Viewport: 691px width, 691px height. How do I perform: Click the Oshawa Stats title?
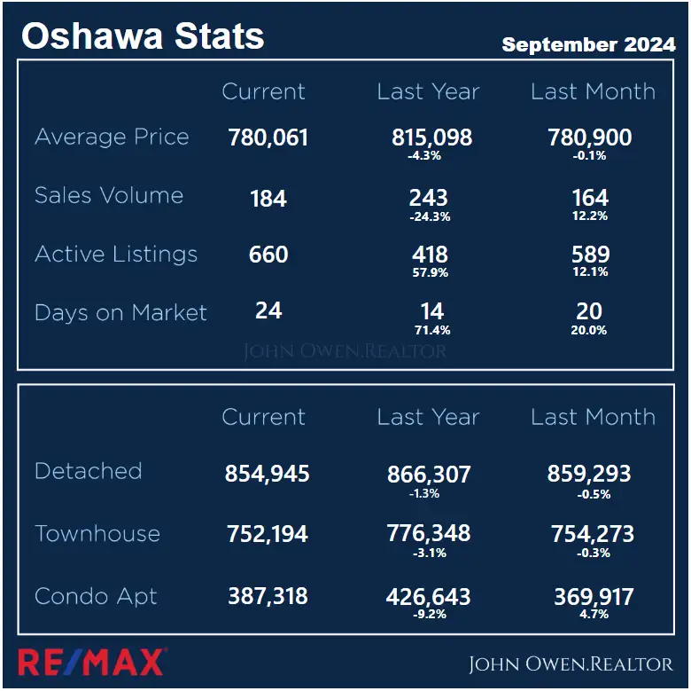click(x=143, y=36)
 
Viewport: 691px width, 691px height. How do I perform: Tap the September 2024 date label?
click(x=588, y=45)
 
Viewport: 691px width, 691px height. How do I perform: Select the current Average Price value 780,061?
click(x=268, y=137)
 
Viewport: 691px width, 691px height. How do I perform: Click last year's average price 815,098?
click(x=431, y=137)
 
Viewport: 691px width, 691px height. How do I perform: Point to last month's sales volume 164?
click(x=590, y=197)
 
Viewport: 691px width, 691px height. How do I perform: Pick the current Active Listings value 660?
click(x=268, y=255)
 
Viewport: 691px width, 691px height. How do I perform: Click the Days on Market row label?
click(x=120, y=313)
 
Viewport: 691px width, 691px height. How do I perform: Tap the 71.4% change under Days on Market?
click(x=431, y=330)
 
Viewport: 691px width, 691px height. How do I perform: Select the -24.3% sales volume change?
click(x=430, y=216)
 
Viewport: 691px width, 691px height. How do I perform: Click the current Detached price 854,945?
click(x=268, y=474)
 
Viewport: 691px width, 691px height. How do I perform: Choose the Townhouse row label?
click(x=97, y=534)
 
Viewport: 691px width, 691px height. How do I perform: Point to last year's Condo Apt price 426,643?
click(x=429, y=597)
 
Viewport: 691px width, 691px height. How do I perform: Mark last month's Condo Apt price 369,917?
click(x=594, y=597)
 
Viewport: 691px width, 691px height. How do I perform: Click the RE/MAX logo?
click(x=91, y=662)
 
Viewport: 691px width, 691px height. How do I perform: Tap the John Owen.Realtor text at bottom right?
click(x=571, y=664)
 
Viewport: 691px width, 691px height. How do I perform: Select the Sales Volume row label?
click(x=109, y=196)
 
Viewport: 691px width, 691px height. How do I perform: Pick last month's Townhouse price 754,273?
click(x=591, y=534)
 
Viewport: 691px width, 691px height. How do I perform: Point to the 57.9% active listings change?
click(x=431, y=272)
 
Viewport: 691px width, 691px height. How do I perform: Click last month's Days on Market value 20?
click(x=589, y=311)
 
